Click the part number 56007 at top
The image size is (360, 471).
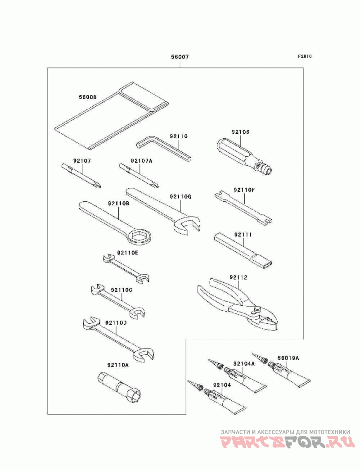(179, 57)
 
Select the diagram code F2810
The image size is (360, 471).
(305, 57)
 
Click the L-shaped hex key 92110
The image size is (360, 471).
(165, 149)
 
